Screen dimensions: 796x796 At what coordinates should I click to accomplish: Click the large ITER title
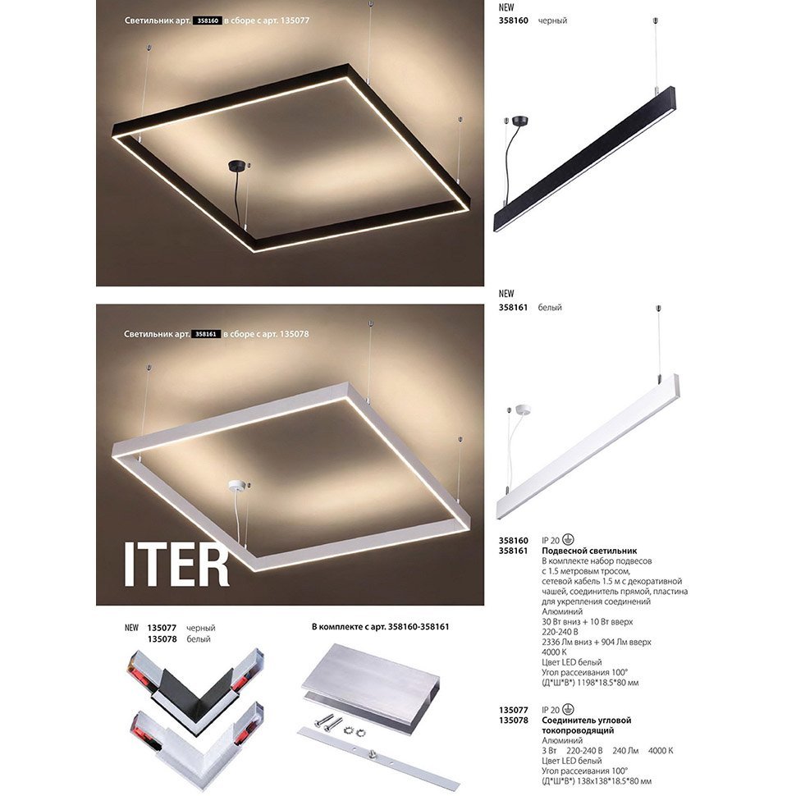click(176, 566)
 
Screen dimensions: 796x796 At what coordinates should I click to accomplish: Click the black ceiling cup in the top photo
click(236, 166)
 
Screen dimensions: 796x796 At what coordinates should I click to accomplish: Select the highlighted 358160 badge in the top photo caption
click(207, 21)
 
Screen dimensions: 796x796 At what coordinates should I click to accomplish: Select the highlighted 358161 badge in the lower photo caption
click(206, 334)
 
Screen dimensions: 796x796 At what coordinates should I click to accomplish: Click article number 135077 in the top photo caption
click(295, 21)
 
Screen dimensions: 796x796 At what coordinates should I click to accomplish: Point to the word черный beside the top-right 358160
click(552, 21)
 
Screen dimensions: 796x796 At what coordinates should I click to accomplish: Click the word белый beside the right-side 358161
click(550, 308)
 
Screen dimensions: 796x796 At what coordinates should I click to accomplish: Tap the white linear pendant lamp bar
click(588, 446)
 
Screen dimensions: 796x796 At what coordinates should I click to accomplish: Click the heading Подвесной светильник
click(589, 551)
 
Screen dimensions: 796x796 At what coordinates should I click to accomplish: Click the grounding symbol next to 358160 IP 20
click(568, 540)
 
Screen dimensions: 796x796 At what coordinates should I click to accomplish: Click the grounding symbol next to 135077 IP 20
click(568, 710)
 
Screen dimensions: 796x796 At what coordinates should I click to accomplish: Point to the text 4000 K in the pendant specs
click(555, 652)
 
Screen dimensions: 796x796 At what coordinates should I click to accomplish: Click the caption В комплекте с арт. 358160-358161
click(380, 627)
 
